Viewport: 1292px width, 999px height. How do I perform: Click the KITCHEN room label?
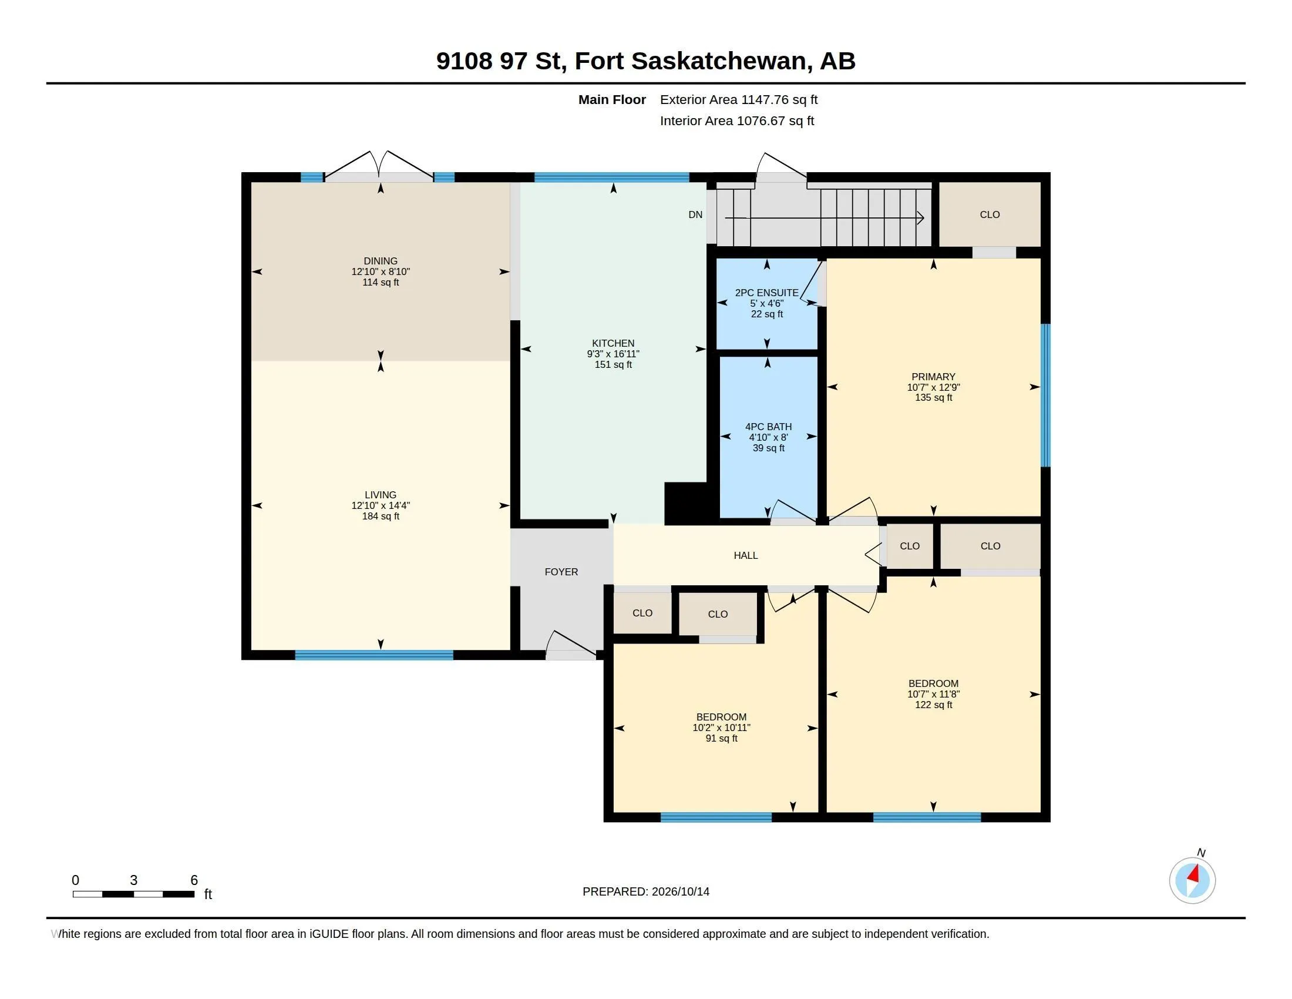[613, 343]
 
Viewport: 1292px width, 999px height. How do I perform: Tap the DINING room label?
[381, 261]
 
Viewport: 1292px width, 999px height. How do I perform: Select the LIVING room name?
[381, 495]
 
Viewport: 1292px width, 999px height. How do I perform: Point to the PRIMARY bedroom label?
[933, 377]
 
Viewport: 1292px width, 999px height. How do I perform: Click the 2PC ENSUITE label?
[766, 293]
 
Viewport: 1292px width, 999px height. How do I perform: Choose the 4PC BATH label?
[768, 427]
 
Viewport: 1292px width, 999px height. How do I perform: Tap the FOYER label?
[561, 572]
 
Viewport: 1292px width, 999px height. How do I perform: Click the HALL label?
[745, 555]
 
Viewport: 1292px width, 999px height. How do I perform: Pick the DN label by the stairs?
[695, 215]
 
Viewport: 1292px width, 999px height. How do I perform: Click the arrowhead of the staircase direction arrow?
[921, 218]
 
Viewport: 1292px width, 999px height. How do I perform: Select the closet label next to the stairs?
[990, 215]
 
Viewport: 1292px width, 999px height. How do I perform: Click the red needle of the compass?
[1193, 873]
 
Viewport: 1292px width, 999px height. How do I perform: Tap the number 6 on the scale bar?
[194, 880]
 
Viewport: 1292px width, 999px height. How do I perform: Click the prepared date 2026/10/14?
[680, 891]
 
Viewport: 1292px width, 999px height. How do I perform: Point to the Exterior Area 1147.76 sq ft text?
[739, 99]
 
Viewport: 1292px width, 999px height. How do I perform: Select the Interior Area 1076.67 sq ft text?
[737, 120]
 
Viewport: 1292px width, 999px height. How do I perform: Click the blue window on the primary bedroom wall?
[1045, 395]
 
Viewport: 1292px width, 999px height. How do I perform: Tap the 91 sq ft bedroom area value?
[721, 738]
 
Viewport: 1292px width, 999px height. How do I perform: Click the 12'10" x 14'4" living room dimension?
[381, 505]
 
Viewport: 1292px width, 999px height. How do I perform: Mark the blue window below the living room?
[374, 655]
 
